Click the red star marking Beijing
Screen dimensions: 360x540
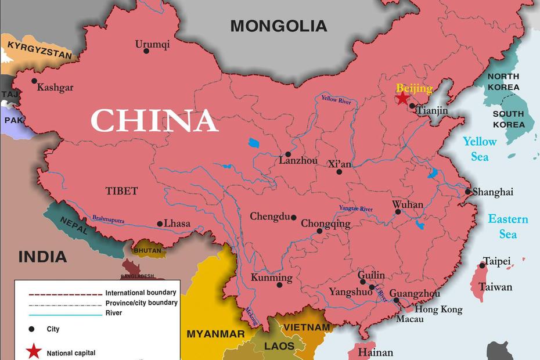click(x=402, y=98)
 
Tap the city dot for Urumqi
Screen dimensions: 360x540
click(x=146, y=51)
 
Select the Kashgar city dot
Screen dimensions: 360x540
click(x=34, y=81)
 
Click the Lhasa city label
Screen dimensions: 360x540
click(x=177, y=224)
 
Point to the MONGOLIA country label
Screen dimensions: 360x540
click(x=279, y=26)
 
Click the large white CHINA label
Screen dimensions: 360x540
click(x=154, y=121)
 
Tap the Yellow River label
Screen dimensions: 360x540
click(x=336, y=100)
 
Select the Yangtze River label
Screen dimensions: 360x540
click(x=356, y=208)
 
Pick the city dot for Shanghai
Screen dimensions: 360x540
click(x=468, y=192)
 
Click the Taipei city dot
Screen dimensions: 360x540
click(x=482, y=265)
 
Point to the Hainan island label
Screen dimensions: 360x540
click(x=375, y=352)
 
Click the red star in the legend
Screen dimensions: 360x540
click(x=34, y=352)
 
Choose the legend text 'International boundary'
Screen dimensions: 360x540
click(x=141, y=293)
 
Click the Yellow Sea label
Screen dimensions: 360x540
click(x=480, y=149)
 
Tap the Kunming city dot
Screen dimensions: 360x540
click(x=280, y=285)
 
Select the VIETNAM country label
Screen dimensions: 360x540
click(x=306, y=327)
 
